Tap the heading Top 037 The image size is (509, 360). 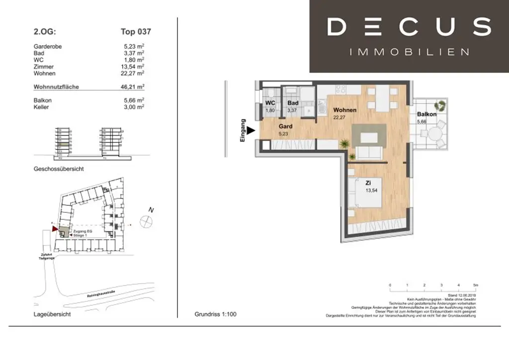coord(136,32)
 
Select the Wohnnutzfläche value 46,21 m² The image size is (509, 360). coord(134,87)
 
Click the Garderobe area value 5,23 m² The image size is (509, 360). coord(134,47)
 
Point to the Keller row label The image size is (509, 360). coord(41,107)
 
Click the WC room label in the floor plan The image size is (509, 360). coord(270,103)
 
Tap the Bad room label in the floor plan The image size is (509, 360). coord(293,103)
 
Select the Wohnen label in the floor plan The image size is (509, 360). coord(344,110)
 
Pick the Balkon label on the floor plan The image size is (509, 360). coord(426,114)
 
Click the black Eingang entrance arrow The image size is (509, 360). coord(251,131)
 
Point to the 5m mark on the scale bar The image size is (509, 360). coord(475,285)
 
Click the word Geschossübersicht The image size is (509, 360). coord(59,169)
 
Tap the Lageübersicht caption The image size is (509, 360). coord(52,315)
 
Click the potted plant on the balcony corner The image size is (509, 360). coord(440,105)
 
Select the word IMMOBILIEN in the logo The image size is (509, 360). coord(409,52)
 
